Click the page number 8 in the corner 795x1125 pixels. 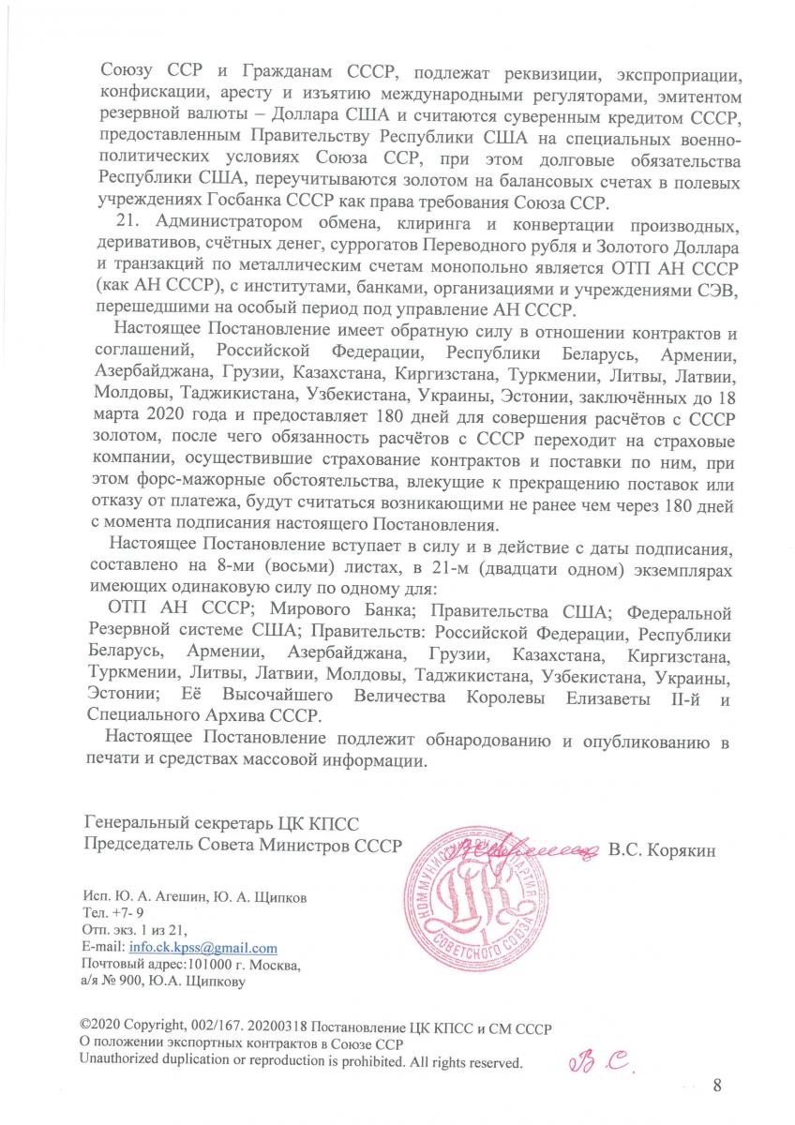pos(717,1086)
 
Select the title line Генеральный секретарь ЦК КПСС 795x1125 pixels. pos(221,826)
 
